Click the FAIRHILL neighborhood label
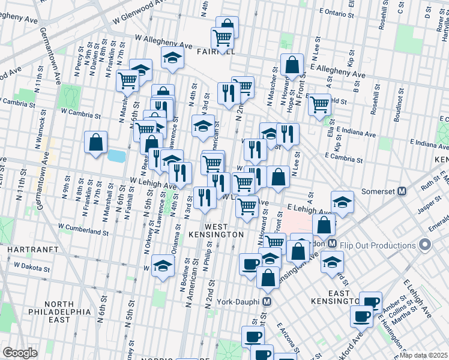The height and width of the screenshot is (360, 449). click(x=215, y=52)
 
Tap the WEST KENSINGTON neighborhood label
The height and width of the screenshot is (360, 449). click(x=216, y=229)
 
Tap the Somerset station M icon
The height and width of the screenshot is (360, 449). click(x=402, y=191)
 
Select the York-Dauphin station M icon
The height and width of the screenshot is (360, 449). click(x=268, y=301)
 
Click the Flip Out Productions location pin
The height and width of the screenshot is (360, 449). click(x=426, y=245)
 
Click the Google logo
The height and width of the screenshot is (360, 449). click(x=20, y=353)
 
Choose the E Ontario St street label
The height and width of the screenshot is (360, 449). click(x=342, y=12)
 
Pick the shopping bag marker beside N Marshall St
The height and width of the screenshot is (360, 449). click(x=95, y=143)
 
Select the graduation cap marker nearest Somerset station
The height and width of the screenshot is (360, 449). click(x=342, y=202)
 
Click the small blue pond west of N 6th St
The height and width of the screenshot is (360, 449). click(x=116, y=157)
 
